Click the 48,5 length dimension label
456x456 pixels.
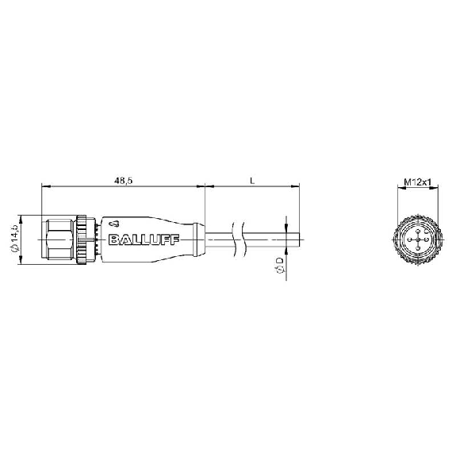(x=123, y=181)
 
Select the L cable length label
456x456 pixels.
(x=252, y=181)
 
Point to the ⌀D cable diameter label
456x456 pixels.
(x=279, y=265)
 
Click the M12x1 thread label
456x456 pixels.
(x=418, y=182)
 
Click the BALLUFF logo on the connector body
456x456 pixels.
(x=144, y=239)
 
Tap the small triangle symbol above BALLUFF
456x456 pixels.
(x=114, y=224)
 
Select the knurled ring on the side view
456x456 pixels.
(x=82, y=239)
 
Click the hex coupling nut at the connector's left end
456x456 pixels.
(x=59, y=239)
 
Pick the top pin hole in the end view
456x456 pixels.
(x=418, y=231)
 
